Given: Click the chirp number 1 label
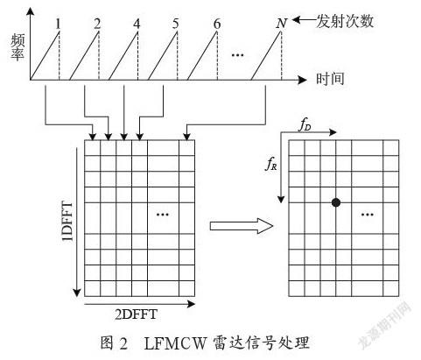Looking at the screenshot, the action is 59,24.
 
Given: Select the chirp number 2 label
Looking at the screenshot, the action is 97,24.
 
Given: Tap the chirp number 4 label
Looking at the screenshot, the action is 137,24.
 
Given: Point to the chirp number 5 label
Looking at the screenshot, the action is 175,24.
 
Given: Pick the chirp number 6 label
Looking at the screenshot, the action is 217,24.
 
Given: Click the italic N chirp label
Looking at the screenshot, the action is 281,24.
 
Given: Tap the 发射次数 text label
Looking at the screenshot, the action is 345,21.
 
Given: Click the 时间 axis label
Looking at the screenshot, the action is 330,79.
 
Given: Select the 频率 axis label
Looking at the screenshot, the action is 18,47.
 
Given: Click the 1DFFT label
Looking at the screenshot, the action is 67,221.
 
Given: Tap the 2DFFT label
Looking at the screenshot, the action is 137,314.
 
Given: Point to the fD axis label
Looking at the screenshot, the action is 305,125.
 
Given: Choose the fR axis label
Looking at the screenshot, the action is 270,164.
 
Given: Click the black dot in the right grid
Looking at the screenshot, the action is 336,202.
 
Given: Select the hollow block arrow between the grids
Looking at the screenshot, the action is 242,226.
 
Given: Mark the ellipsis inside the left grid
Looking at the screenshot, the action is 163,215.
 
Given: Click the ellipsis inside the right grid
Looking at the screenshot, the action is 368,215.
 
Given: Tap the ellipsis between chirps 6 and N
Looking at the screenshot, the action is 237,54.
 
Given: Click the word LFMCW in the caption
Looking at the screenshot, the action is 175,343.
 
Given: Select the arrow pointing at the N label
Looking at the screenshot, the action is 304,20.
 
